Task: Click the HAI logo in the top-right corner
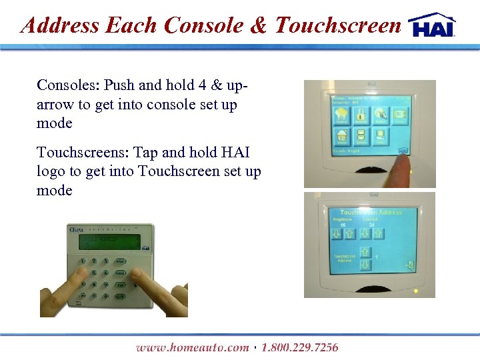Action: coord(432,25)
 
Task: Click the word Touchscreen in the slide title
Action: coord(338,25)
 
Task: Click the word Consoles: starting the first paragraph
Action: coord(67,85)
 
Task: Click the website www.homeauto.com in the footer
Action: coord(192,347)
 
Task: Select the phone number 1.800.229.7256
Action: coord(300,347)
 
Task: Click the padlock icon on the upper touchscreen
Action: coord(360,115)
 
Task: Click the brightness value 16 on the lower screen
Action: coord(343,225)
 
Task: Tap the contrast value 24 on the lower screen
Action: coord(371,225)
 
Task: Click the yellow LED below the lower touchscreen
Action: coord(415,291)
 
